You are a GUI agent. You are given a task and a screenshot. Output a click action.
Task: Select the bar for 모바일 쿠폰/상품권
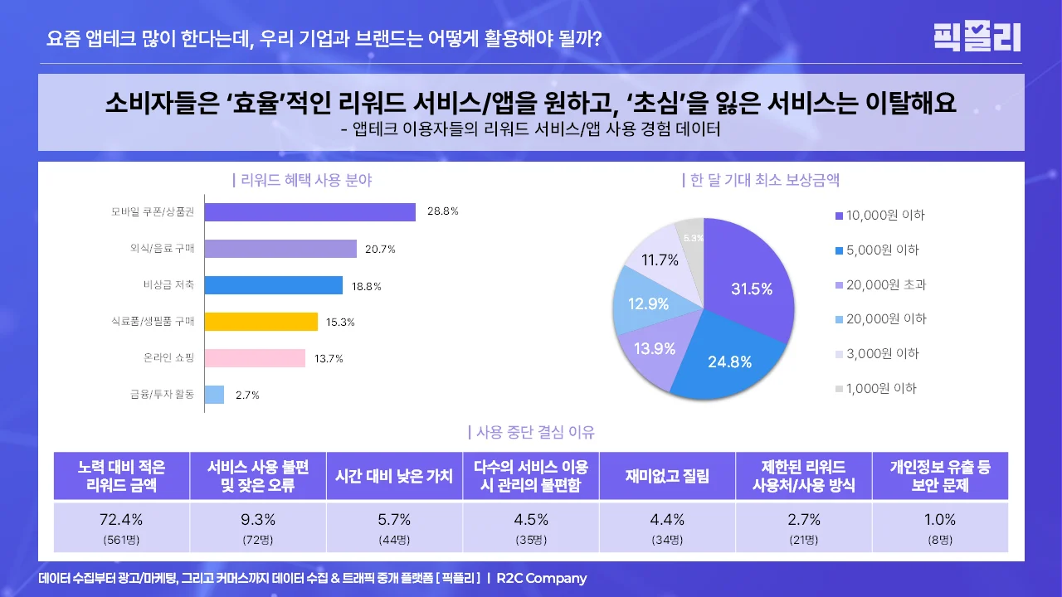pos(309,211)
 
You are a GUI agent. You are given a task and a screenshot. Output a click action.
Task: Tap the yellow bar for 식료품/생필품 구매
pos(261,322)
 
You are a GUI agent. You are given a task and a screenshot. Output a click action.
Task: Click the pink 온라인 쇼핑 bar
pos(255,358)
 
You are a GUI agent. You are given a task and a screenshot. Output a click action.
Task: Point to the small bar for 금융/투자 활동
pos(214,395)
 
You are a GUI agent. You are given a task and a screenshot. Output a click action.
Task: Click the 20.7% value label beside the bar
pos(379,249)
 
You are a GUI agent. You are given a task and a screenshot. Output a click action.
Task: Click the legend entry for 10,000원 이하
pos(884,216)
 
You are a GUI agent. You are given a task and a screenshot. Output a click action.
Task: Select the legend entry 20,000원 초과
pos(884,284)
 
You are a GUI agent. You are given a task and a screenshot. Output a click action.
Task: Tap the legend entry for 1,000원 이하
pos(881,388)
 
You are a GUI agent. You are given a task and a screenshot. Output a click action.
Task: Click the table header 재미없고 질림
pos(667,476)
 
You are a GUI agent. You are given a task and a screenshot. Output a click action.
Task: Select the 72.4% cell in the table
pos(121,520)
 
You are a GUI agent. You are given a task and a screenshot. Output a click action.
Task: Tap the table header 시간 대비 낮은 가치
pos(394,476)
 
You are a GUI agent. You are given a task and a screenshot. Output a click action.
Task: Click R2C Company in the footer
pos(541,579)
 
